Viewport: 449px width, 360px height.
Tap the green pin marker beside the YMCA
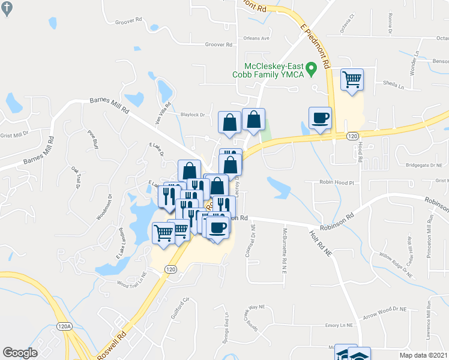pyautogui.click(x=311, y=70)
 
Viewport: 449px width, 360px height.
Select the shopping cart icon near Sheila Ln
pyautogui.click(x=352, y=80)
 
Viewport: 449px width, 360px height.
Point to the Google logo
pyautogui.click(x=19, y=353)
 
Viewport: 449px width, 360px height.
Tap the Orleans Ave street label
pyautogui.click(x=256, y=38)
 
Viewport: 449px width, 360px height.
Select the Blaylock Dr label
pyautogui.click(x=193, y=114)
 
